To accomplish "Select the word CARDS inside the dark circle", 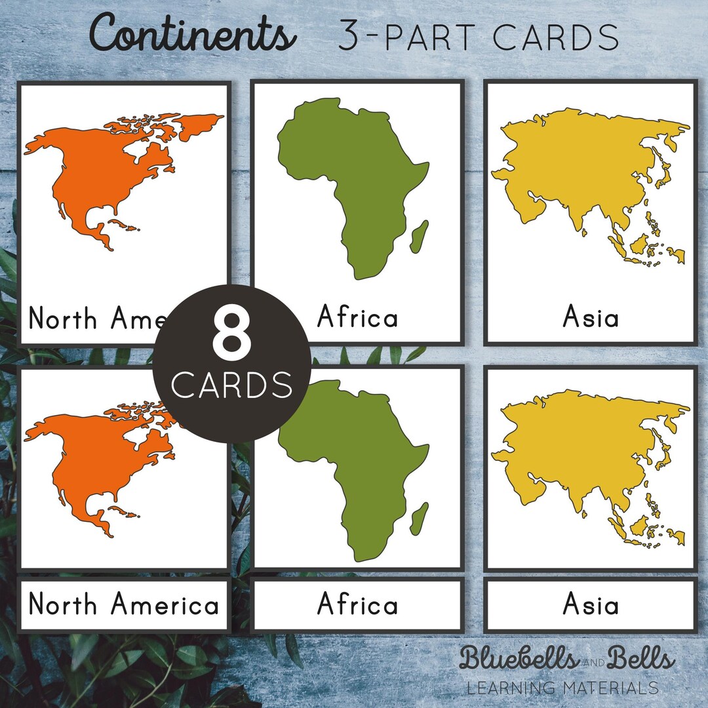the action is coord(231,385).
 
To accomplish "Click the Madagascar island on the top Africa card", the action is coord(420,236).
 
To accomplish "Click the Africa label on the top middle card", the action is coord(358,318).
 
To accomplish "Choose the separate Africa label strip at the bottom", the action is coord(358,604).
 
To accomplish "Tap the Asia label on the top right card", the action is coord(591,318).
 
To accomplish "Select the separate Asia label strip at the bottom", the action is coord(591,604).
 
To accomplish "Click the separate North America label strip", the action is coord(124,604).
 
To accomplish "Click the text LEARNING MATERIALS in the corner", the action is coord(562,688).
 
